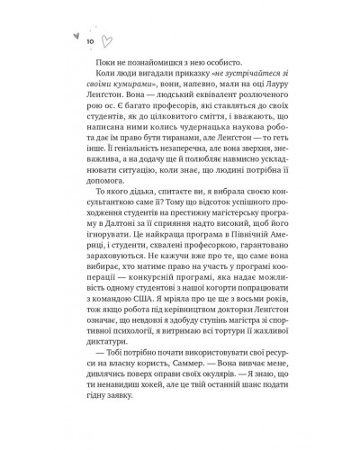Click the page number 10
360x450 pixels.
pos(90,41)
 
